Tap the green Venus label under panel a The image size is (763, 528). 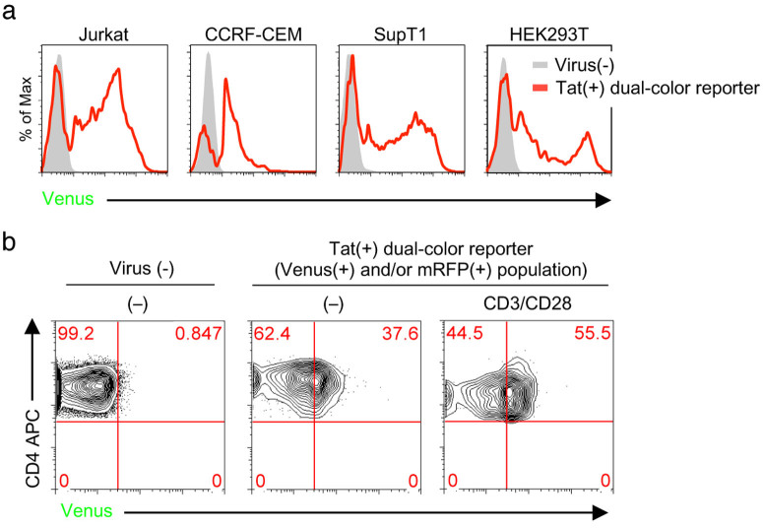click(x=68, y=200)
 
